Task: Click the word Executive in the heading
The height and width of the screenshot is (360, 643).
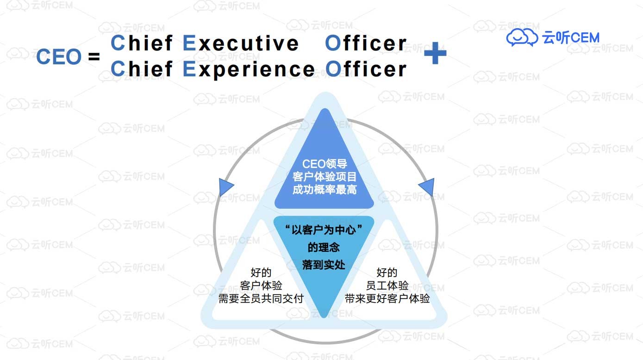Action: pyautogui.click(x=241, y=43)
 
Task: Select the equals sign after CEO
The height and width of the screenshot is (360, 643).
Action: pyautogui.click(x=94, y=57)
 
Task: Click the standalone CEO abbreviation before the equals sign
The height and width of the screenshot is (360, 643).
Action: pyautogui.click(x=59, y=57)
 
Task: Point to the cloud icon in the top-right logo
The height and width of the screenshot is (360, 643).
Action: pyautogui.click(x=522, y=37)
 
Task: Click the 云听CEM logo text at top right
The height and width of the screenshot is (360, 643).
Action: pyautogui.click(x=571, y=37)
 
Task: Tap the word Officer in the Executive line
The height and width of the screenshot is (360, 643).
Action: pyautogui.click(x=366, y=43)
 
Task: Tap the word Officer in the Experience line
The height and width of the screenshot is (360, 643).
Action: pyautogui.click(x=366, y=70)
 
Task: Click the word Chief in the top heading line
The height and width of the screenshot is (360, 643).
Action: pyautogui.click(x=142, y=43)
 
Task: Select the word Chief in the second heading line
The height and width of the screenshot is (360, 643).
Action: pyautogui.click(x=142, y=70)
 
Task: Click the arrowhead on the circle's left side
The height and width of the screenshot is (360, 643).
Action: pyautogui.click(x=225, y=187)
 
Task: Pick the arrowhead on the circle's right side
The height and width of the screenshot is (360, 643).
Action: pyautogui.click(x=427, y=187)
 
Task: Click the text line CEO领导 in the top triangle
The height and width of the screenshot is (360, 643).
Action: pyautogui.click(x=325, y=164)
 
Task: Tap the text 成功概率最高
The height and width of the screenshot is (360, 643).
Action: pyautogui.click(x=325, y=190)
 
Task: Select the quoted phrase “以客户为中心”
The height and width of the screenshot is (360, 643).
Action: pyautogui.click(x=324, y=230)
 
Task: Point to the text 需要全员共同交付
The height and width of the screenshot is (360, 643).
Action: pyautogui.click(x=261, y=298)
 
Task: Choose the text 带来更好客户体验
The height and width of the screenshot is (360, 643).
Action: pyautogui.click(x=387, y=298)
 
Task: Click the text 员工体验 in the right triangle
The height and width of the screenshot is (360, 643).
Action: pyautogui.click(x=387, y=286)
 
